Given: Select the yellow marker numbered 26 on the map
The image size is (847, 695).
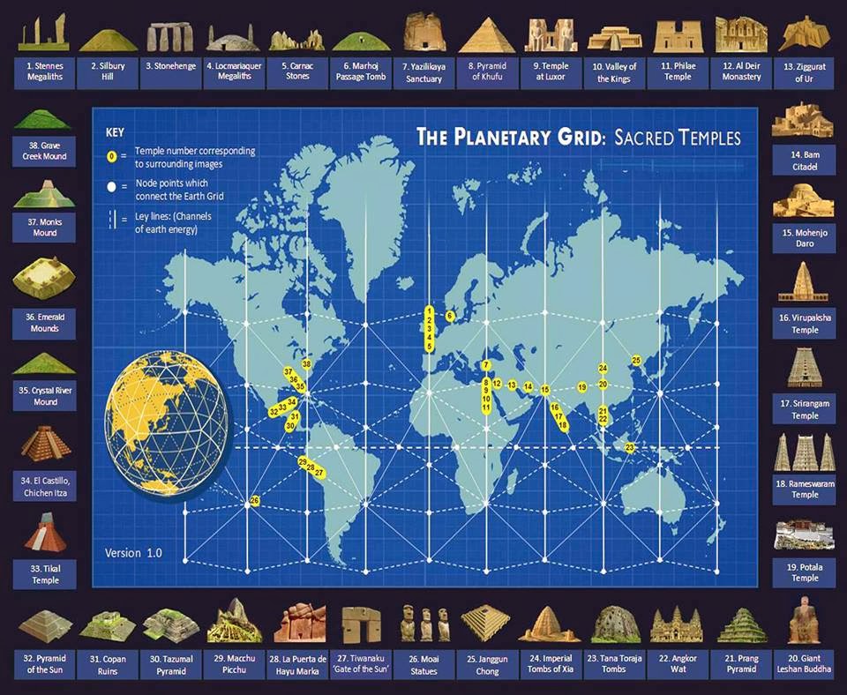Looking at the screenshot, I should coord(254,501).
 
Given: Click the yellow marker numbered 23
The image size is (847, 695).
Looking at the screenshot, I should coord(630,447).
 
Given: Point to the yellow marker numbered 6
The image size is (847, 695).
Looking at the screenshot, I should coord(449,316).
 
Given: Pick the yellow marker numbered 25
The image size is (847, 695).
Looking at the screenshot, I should coord(636,360).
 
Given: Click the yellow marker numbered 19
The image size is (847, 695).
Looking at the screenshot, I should coord(581,387).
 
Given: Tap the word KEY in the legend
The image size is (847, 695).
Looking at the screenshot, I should coord(116,132).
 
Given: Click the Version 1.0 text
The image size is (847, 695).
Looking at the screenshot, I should coord(133,553).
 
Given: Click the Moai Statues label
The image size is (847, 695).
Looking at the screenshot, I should coord(425,663).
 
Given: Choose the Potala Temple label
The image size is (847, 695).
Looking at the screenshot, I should coord(805,572).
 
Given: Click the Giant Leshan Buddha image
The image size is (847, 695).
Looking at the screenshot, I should coord(805,620).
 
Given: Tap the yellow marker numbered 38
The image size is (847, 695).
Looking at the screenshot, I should coord(306,363).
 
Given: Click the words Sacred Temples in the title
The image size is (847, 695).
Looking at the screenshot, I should coord(678,138).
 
